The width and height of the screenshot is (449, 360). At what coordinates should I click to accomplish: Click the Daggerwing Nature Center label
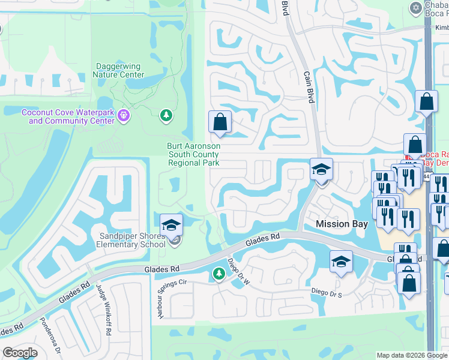pos(118,71)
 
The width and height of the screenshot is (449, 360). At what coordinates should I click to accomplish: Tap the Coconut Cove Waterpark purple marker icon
pos(124,114)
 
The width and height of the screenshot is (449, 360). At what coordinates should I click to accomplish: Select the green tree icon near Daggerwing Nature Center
pos(166,115)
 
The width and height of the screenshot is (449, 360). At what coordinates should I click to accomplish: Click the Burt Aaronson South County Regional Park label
pos(194,154)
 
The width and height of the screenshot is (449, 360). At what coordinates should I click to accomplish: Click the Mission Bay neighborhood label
pos(341,224)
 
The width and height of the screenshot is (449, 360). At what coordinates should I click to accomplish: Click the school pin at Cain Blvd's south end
pos(321,169)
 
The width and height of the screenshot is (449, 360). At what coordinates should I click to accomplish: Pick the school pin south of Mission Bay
pos(341,262)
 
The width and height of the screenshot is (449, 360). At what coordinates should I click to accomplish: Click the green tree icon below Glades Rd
pos(218,274)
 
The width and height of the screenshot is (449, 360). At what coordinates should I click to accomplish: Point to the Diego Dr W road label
pos(238,272)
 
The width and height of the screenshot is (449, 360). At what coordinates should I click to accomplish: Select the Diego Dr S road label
pos(327,292)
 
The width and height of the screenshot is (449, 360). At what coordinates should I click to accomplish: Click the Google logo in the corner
pos(20,353)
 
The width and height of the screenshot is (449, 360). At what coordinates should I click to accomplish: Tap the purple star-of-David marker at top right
pos(415,7)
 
